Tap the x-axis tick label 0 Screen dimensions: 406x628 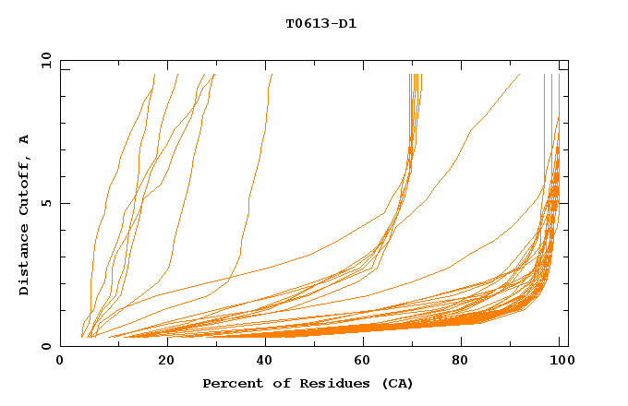point(60,363)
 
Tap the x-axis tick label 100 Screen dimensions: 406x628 point(559,363)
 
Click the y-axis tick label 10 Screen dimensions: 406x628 point(44,60)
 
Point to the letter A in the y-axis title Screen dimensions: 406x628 point(25,139)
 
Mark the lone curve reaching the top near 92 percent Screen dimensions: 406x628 point(519,75)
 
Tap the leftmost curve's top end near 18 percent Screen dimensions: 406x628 point(153,76)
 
